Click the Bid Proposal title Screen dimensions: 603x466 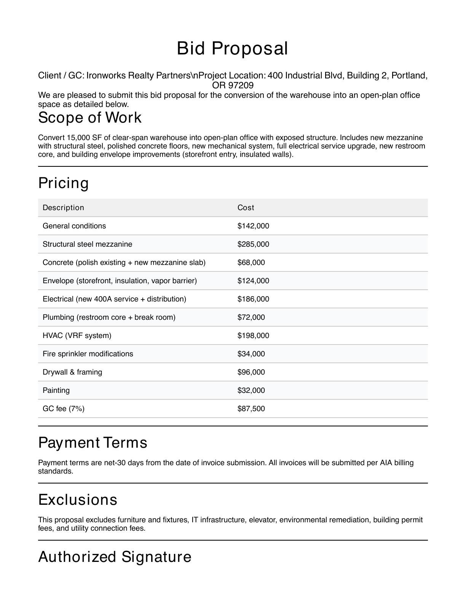(x=232, y=49)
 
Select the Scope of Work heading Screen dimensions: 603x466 (x=90, y=118)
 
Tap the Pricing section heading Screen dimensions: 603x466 (x=64, y=183)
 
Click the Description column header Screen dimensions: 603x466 (x=63, y=207)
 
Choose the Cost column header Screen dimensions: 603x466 (x=246, y=207)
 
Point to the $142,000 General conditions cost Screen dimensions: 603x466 (x=253, y=226)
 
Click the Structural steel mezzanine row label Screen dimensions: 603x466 (x=88, y=244)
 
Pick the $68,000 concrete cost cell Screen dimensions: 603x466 (x=251, y=262)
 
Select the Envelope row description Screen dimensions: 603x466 (x=120, y=281)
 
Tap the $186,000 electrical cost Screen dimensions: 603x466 (x=253, y=299)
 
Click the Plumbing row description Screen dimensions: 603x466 (x=109, y=317)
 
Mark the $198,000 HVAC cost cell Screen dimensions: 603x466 (x=253, y=335)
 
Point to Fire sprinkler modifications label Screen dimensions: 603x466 (x=88, y=354)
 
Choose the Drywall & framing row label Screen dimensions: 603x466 (x=72, y=372)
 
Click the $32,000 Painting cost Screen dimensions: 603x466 (x=251, y=390)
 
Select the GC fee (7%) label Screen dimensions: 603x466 (x=64, y=408)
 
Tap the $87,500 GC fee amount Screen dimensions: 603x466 (x=251, y=408)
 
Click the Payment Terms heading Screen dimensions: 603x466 (x=93, y=443)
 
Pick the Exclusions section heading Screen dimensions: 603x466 (x=78, y=500)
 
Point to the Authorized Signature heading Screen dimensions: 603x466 (x=115, y=557)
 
